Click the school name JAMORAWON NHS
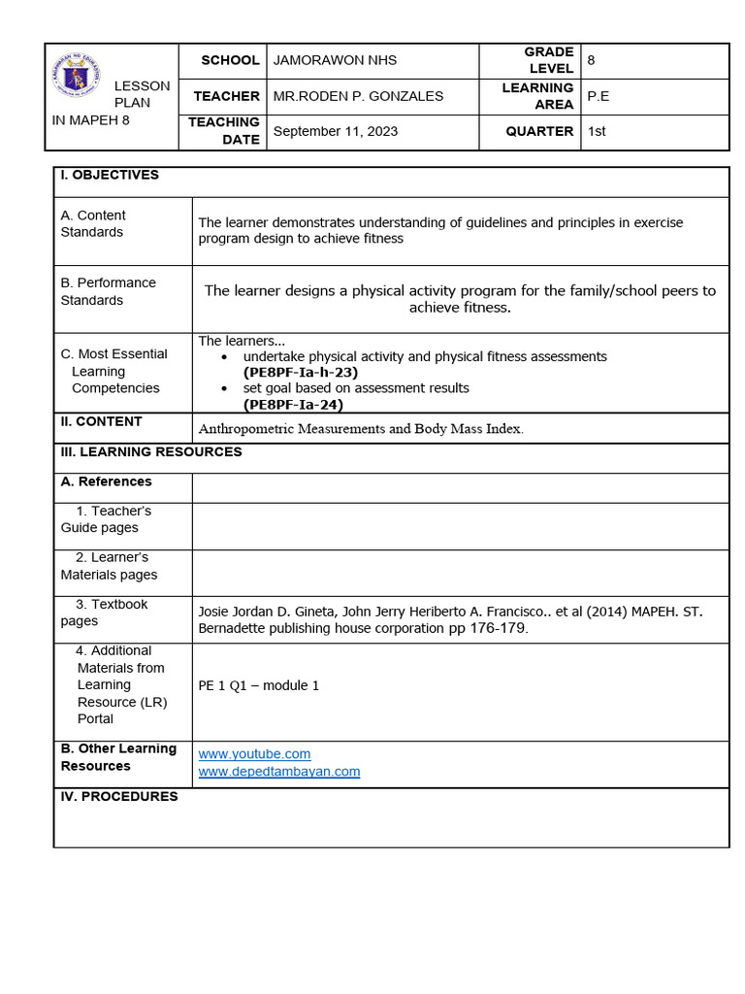(x=335, y=60)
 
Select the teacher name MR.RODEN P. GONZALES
(x=358, y=96)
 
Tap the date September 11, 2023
(x=335, y=132)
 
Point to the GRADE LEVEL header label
(x=549, y=60)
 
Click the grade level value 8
(x=592, y=60)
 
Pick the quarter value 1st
(x=597, y=131)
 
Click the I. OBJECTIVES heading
(x=110, y=175)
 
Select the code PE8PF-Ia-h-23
(x=301, y=372)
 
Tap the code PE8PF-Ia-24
(x=293, y=405)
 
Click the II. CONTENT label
(x=101, y=421)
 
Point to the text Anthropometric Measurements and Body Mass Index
(x=360, y=429)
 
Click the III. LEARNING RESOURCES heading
(x=151, y=451)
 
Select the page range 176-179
(x=500, y=628)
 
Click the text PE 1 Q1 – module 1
(x=258, y=685)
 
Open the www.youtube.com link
(x=254, y=754)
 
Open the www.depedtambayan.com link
(x=278, y=772)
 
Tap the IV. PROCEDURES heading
(x=119, y=796)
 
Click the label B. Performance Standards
(x=108, y=291)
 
